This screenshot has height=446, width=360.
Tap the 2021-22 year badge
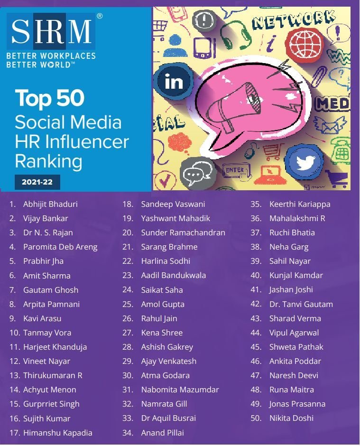[37, 182]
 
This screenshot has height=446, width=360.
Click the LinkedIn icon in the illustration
[174, 82]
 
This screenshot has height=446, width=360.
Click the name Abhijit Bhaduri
[50, 204]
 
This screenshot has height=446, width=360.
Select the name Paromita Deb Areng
[60, 247]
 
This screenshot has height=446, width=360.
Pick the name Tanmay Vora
[47, 333]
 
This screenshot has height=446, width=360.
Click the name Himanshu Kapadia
[57, 433]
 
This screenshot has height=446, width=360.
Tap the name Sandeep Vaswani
[173, 204]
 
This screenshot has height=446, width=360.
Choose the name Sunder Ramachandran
[183, 232]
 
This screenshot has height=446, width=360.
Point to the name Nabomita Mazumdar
[180, 390]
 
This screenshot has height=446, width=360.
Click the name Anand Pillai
[162, 433]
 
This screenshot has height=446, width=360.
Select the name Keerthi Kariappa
[300, 204]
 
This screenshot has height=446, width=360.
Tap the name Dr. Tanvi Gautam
[301, 304]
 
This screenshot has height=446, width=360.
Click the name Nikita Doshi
[291, 418]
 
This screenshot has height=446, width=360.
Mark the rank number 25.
[128, 304]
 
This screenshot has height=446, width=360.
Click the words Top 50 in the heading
[50, 98]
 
